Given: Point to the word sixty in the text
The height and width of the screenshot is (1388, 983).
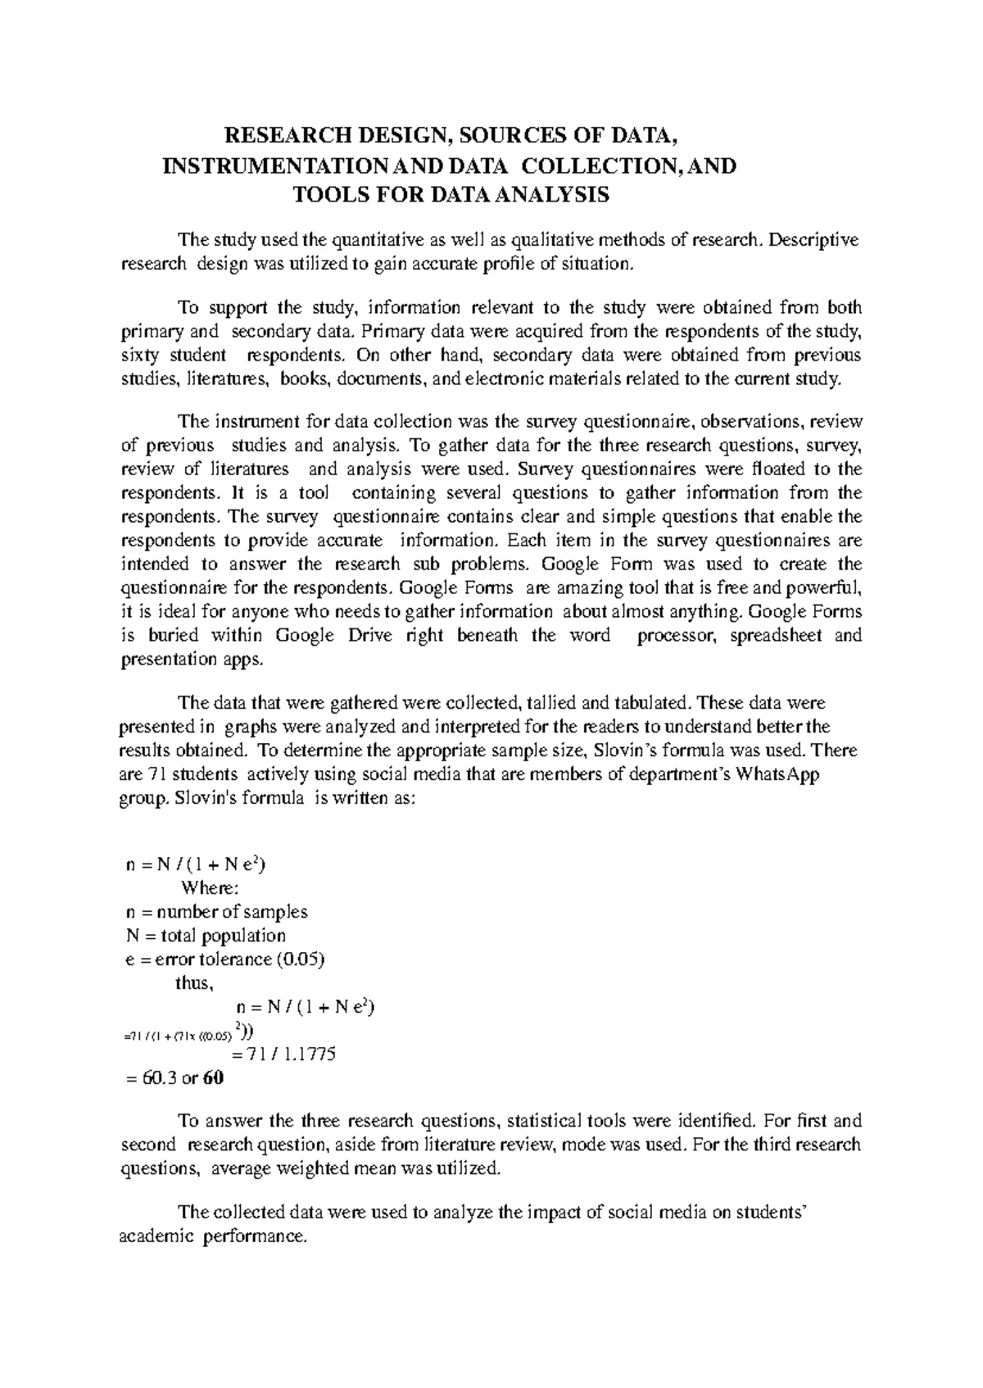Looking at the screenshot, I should point(140,356).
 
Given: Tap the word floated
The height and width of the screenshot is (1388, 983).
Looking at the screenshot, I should point(781,469).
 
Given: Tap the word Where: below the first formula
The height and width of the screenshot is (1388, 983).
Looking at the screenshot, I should point(210,888).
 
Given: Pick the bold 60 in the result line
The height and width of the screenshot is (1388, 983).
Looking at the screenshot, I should point(213,1078).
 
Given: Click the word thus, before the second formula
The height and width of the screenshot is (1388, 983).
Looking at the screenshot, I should point(194,983).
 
